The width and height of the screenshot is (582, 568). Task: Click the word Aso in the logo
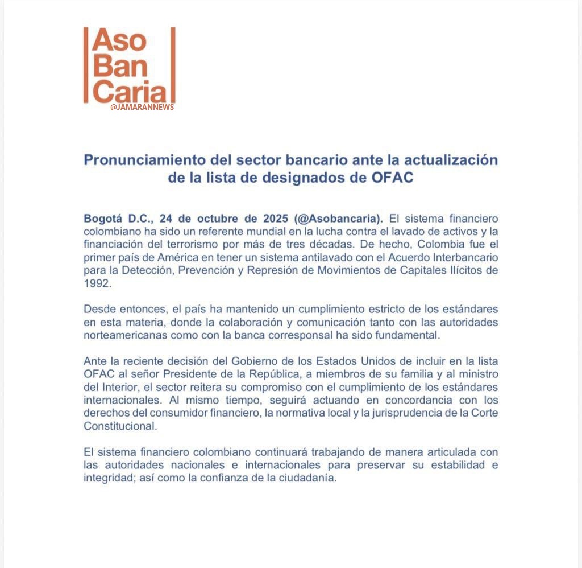click(119, 42)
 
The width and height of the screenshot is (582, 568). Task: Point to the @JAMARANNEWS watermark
click(142, 107)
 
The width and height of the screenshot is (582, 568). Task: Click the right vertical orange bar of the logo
click(173, 65)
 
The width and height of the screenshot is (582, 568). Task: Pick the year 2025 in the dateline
click(275, 219)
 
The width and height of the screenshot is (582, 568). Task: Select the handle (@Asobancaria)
click(339, 219)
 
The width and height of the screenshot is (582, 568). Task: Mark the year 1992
click(96, 283)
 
